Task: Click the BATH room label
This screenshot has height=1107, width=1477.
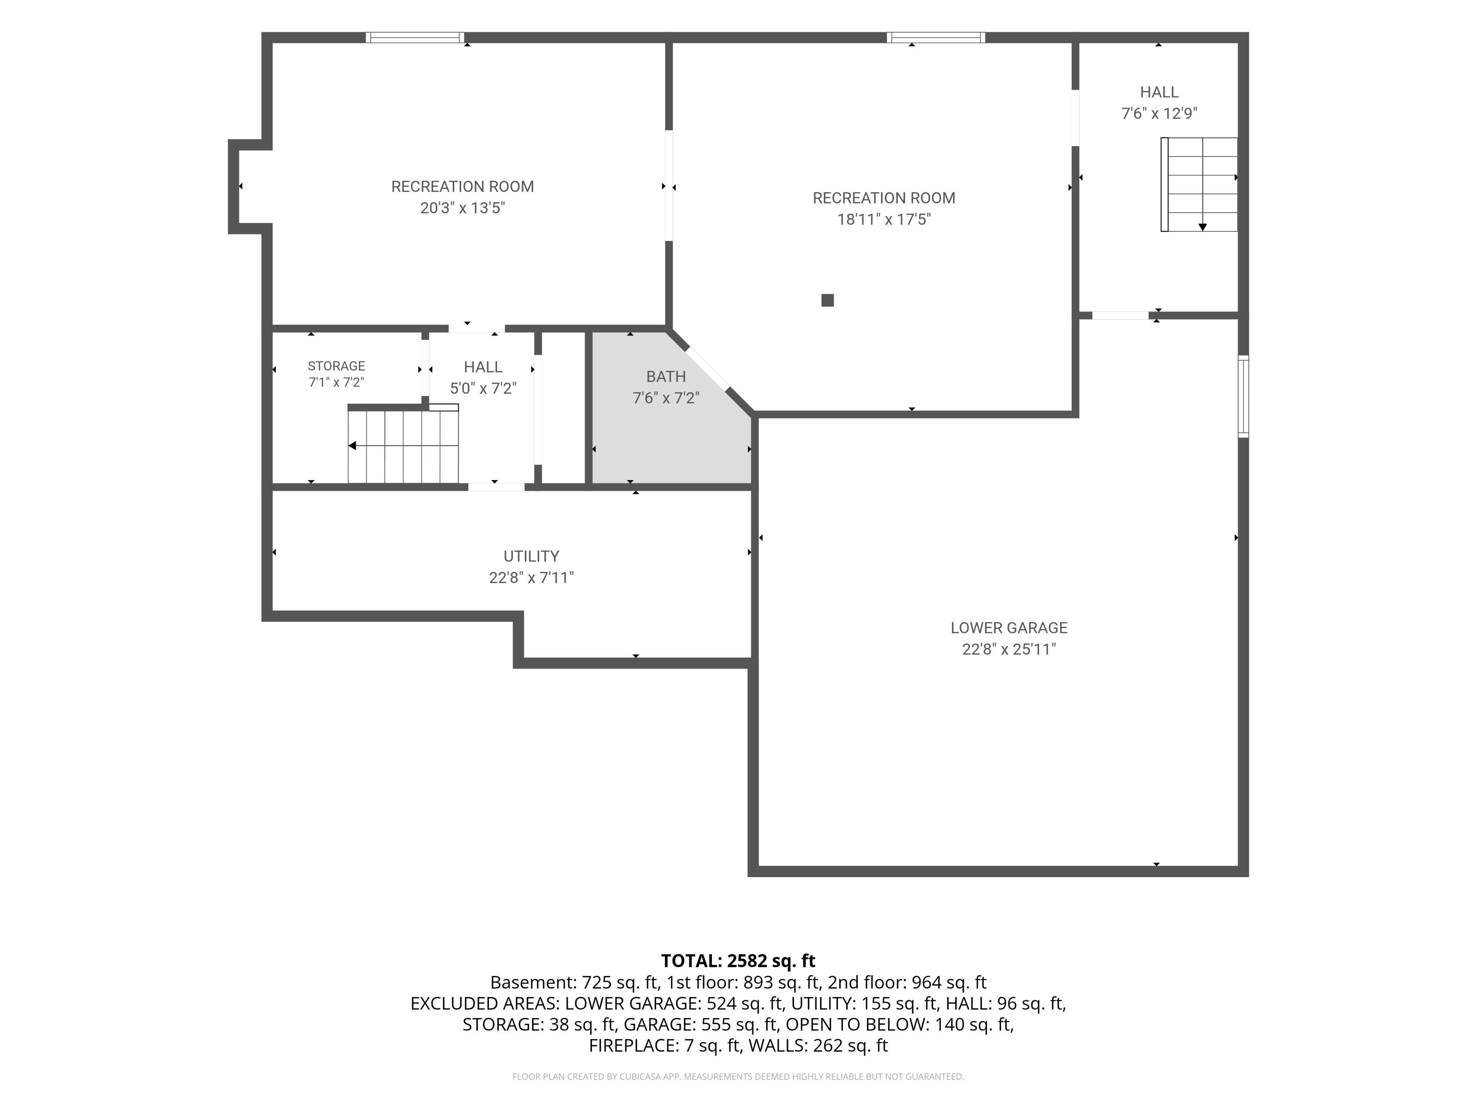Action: pos(666,376)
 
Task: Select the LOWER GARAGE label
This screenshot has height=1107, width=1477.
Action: pos(1009,628)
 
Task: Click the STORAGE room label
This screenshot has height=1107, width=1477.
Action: pos(337,366)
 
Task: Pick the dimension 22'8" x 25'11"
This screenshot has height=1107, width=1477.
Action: pos(1009,649)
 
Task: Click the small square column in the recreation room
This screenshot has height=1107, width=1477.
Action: pos(827,300)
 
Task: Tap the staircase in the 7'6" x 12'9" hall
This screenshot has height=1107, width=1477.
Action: pos(1199,185)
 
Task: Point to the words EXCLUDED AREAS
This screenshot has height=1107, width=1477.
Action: pos(485,1004)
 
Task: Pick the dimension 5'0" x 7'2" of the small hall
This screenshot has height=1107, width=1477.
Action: pos(483,388)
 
